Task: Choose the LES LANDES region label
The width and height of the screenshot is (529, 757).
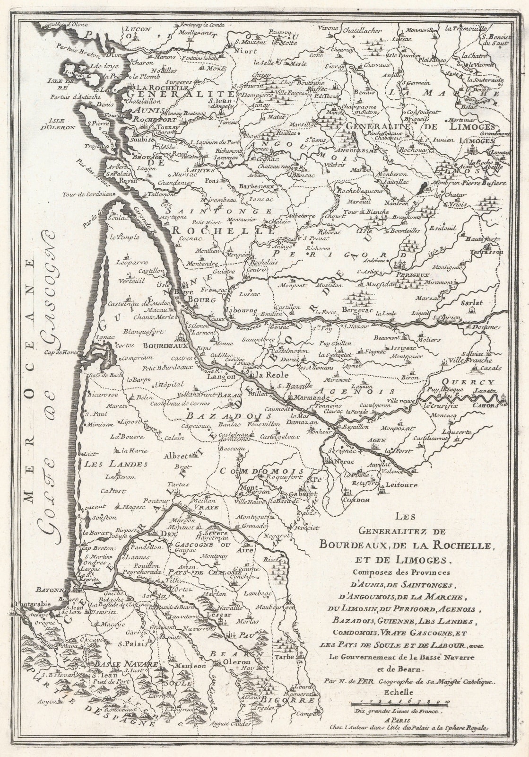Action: point(110,464)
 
